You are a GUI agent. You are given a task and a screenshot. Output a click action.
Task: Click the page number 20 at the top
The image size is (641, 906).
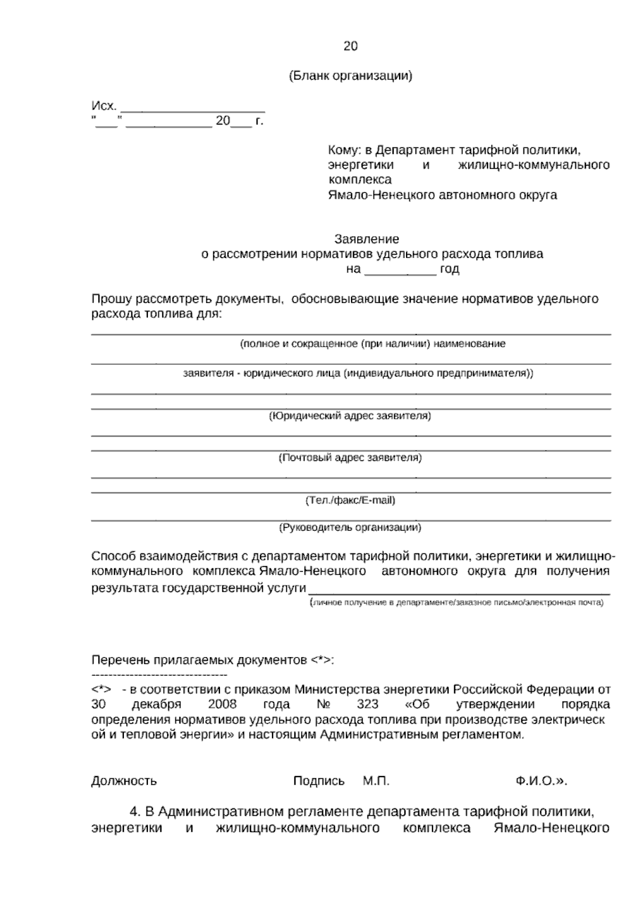[x=350, y=46]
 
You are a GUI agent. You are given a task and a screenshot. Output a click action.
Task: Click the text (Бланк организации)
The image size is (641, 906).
[x=350, y=76]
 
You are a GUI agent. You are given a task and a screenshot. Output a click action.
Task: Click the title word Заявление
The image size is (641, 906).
[x=366, y=239]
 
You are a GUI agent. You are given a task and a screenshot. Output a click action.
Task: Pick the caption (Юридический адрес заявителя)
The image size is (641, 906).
[x=350, y=416]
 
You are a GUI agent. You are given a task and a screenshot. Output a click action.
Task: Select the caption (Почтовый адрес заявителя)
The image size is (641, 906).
[x=350, y=458]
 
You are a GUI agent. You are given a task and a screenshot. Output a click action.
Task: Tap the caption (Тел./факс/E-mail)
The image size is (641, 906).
[x=350, y=501]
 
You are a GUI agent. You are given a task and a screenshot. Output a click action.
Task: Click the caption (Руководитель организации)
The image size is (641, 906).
[x=350, y=528]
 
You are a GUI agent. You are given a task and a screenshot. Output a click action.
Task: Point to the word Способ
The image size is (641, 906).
[x=113, y=556]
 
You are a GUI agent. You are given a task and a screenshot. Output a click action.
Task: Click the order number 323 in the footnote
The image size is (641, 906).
[x=367, y=705]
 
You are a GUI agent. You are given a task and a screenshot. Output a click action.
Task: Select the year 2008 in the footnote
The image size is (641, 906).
[x=222, y=705]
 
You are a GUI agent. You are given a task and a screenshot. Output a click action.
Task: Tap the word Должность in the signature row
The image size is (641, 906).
[x=124, y=781]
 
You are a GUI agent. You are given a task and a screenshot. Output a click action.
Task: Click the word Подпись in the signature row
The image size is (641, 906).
[x=319, y=781]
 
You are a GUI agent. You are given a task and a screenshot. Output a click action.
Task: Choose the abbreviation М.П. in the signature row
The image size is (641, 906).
[x=376, y=781]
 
